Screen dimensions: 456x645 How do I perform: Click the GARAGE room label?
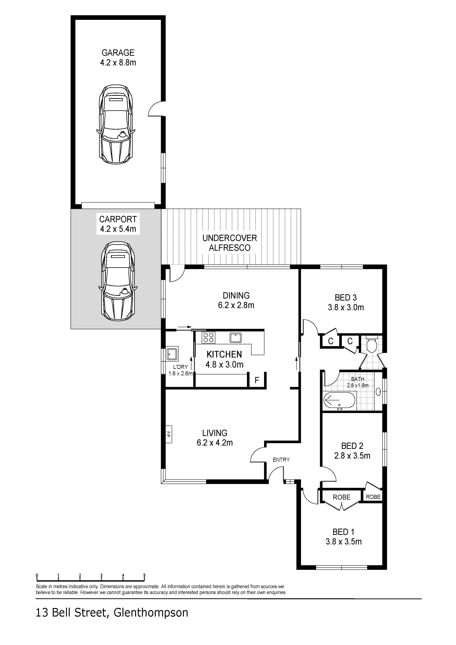pyautogui.click(x=118, y=53)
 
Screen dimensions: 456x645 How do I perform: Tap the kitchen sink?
pyautogui.click(x=235, y=337)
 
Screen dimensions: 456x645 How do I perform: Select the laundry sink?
pyautogui.click(x=172, y=354)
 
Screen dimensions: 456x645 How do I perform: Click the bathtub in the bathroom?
pyautogui.click(x=340, y=400)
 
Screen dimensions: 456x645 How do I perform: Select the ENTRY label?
pyautogui.click(x=281, y=460)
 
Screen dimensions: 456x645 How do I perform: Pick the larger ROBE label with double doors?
pyautogui.click(x=341, y=497)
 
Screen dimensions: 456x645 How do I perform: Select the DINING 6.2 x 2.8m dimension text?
pyautogui.click(x=236, y=305)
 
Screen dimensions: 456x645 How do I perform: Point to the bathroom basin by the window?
pyautogui.click(x=378, y=391)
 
